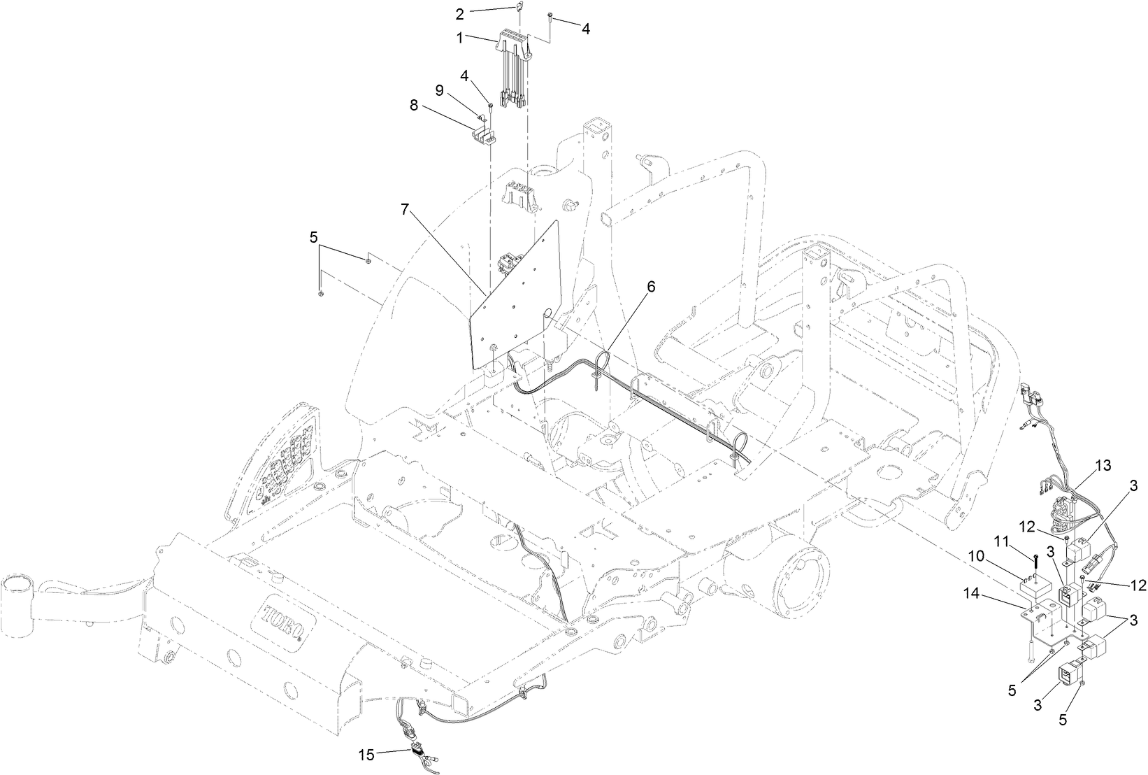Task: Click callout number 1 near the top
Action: coord(460,38)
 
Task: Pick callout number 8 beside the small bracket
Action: coord(414,105)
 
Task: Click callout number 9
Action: coord(439,90)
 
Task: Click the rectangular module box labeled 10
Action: coord(1038,588)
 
